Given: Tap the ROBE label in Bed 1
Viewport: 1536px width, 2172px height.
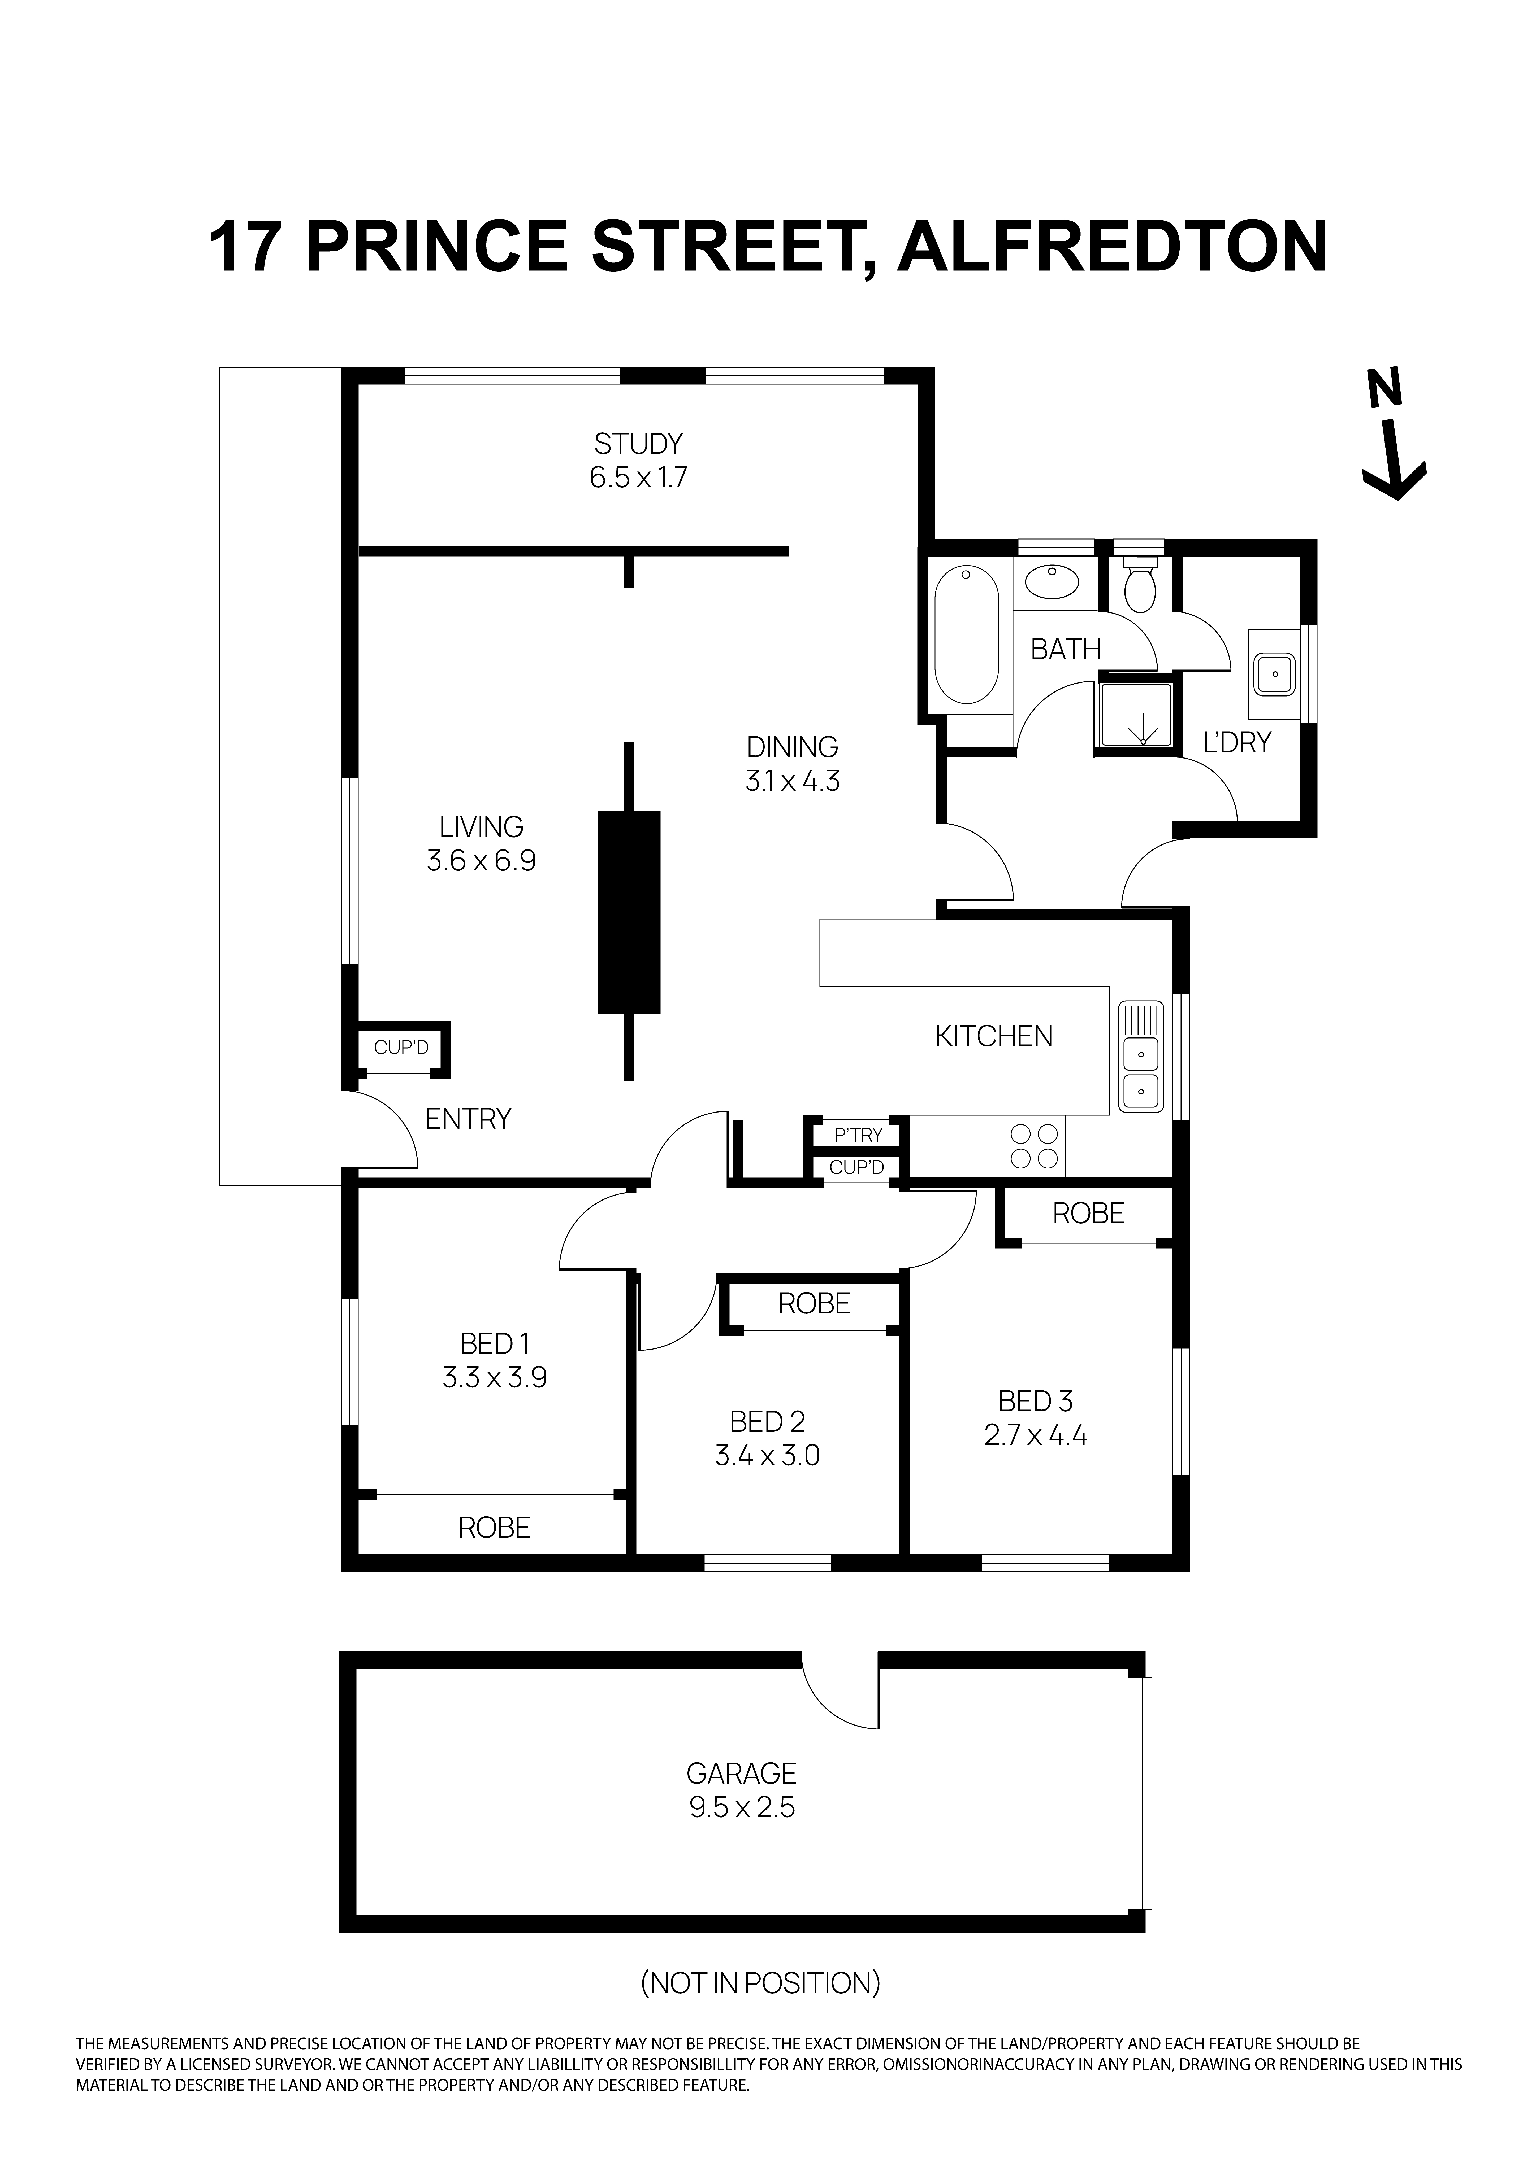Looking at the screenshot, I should [x=494, y=1527].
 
